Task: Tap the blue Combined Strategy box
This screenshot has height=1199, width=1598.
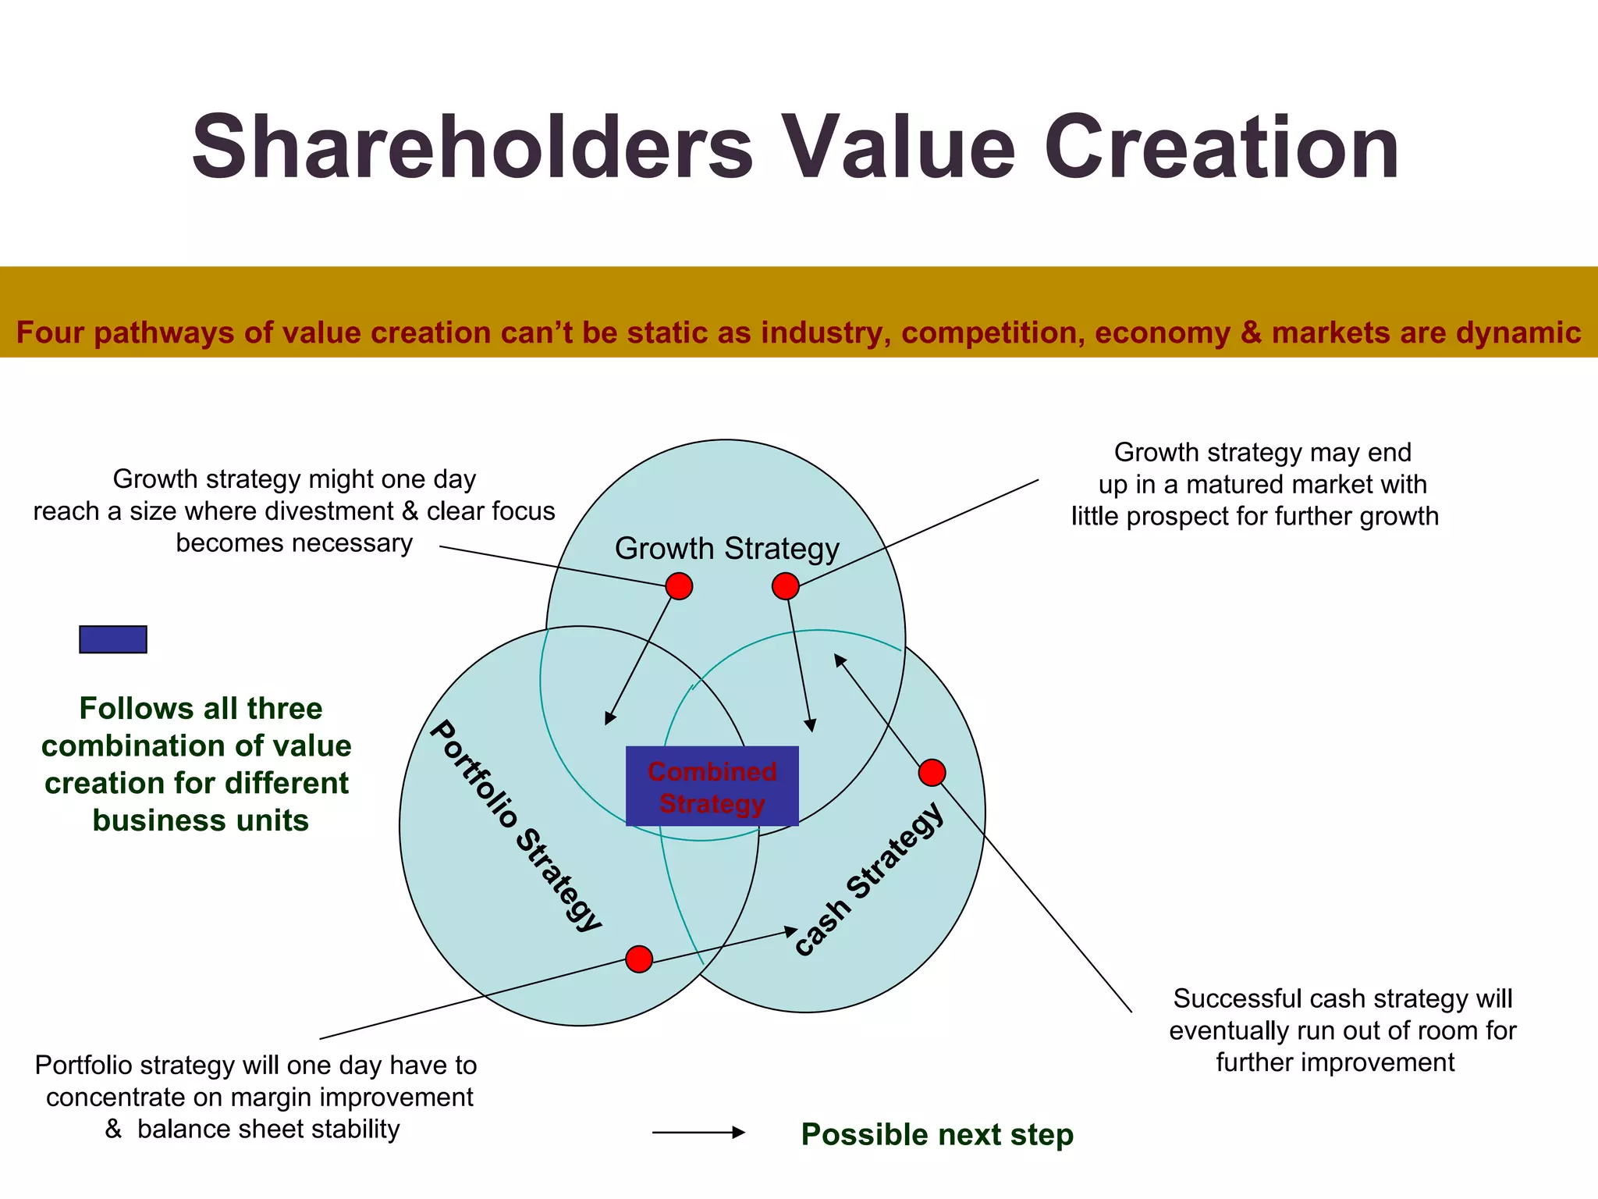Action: point(712,787)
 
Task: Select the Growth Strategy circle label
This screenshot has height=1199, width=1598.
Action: point(726,549)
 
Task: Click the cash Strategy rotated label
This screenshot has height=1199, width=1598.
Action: point(868,879)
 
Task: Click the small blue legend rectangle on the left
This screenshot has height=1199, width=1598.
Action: point(113,639)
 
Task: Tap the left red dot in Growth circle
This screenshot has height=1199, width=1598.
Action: point(679,585)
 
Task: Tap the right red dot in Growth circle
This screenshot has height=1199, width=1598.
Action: point(785,585)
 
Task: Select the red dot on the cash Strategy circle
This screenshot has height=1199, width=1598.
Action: point(932,773)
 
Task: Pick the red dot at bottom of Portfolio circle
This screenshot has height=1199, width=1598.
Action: point(639,959)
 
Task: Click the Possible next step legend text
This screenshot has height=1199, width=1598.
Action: point(937,1135)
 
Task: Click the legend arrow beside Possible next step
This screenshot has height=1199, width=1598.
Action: point(698,1132)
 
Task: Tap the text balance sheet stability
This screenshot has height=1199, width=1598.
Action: point(268,1130)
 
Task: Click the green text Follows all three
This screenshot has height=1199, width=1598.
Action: point(201,709)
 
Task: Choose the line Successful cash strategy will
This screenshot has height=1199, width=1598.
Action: point(1342,999)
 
